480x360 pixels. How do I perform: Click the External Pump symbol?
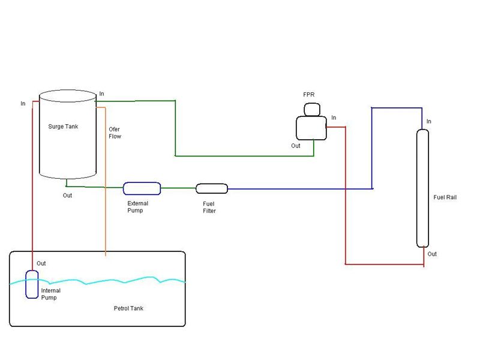click(x=142, y=188)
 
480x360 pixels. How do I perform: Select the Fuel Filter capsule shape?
click(x=212, y=188)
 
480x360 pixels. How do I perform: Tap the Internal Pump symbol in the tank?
click(x=32, y=284)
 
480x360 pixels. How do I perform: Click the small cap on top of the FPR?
click(x=312, y=109)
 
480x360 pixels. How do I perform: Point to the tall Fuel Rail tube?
click(x=423, y=187)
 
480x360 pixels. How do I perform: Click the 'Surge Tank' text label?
click(x=63, y=127)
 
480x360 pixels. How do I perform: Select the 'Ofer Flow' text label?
click(x=115, y=133)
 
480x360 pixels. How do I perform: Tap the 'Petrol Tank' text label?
click(x=128, y=308)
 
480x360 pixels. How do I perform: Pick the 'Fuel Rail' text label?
click(x=445, y=197)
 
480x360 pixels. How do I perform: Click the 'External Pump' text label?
click(x=138, y=207)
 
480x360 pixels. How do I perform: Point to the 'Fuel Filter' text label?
click(x=209, y=207)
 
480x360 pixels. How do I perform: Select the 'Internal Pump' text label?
click(x=51, y=294)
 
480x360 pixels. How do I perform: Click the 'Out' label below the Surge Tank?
click(x=67, y=196)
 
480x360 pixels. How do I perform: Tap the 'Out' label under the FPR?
click(x=296, y=146)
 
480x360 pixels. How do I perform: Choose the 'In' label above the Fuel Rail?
click(x=428, y=122)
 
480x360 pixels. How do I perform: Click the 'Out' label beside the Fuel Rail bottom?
click(x=432, y=254)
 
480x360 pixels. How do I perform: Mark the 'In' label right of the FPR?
click(x=334, y=118)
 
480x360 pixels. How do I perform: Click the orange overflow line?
click(x=106, y=180)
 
